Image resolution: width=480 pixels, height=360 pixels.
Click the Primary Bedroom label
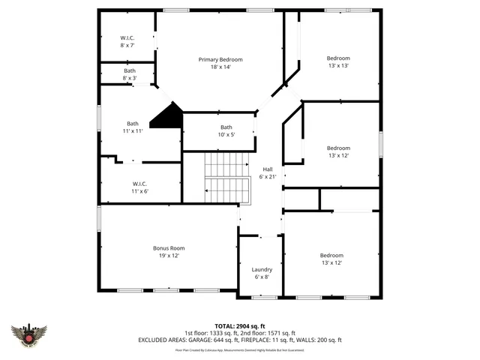220,60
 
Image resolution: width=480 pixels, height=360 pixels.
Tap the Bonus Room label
169,248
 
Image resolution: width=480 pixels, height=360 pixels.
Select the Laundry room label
262,269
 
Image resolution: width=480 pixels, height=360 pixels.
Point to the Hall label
268,169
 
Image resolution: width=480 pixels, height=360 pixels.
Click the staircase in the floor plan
227,178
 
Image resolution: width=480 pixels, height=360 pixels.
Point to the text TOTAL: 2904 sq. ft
240,325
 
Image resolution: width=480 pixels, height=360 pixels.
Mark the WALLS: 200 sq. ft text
322,340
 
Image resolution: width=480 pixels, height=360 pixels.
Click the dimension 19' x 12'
169,256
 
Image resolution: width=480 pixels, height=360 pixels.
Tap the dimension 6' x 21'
268,177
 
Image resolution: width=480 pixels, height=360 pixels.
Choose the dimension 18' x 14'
220,67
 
